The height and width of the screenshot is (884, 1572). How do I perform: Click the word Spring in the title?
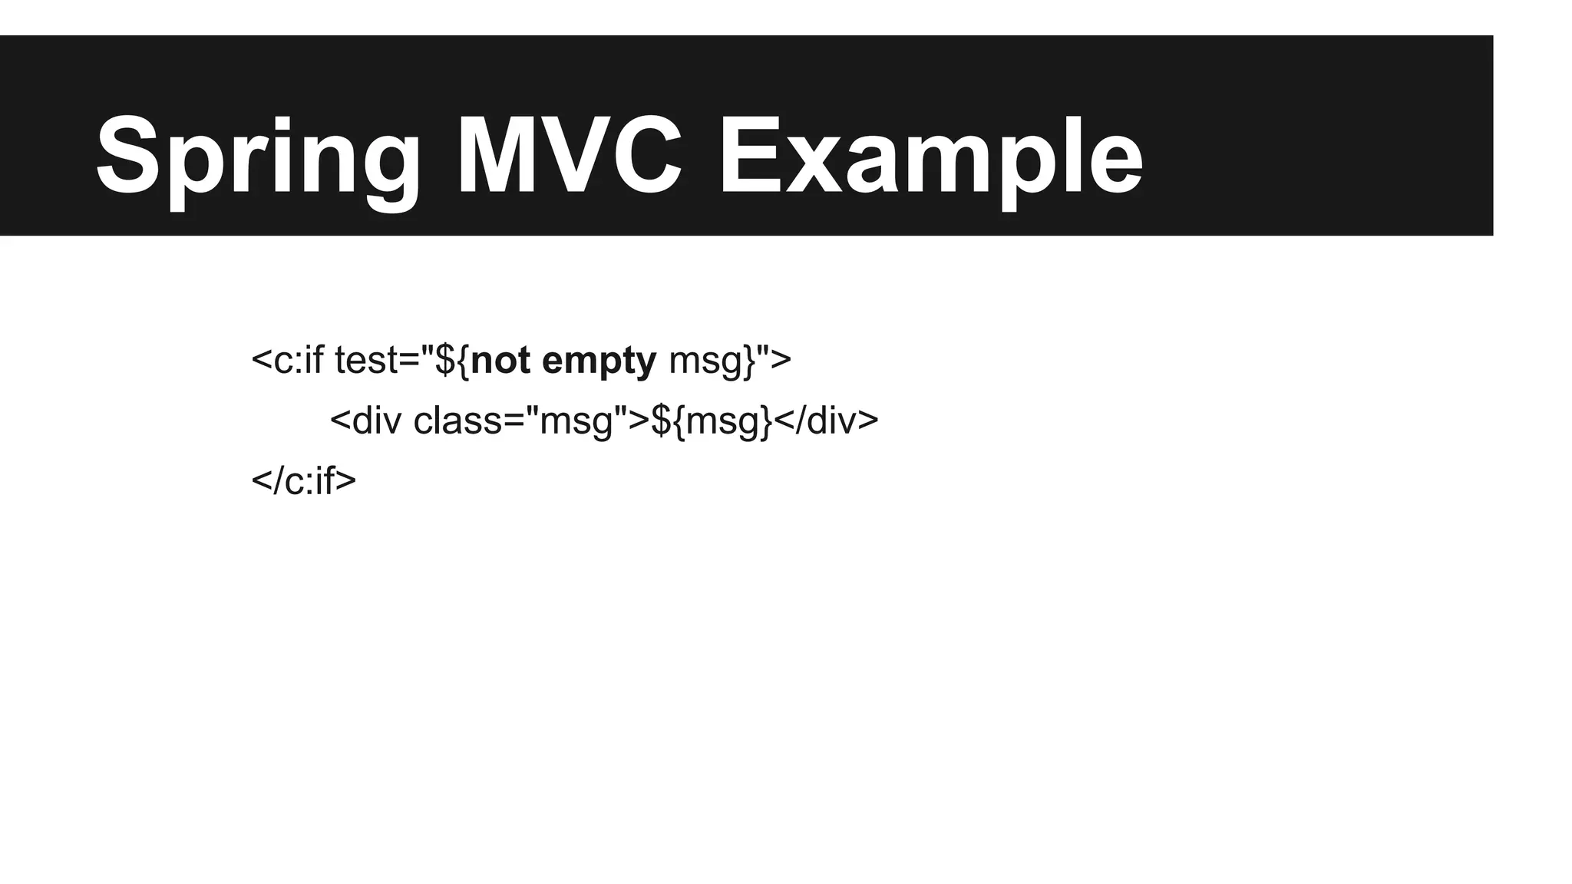click(x=258, y=157)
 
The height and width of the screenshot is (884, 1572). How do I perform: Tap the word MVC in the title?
click(x=569, y=157)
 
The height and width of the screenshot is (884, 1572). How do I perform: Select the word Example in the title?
click(x=930, y=157)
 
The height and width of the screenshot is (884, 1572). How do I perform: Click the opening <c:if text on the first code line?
click(x=288, y=360)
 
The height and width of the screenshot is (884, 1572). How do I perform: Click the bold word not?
click(x=500, y=360)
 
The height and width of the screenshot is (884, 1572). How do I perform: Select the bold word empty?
click(x=599, y=360)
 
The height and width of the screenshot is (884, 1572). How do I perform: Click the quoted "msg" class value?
click(x=576, y=421)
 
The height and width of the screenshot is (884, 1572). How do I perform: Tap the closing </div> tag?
click(x=826, y=421)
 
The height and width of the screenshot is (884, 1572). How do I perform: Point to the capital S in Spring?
click(x=127, y=157)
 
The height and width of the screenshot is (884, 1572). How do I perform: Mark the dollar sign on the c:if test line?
click(x=445, y=360)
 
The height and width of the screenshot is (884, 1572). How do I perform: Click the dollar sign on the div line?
click(x=661, y=421)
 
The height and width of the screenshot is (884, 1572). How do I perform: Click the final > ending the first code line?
click(x=781, y=360)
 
